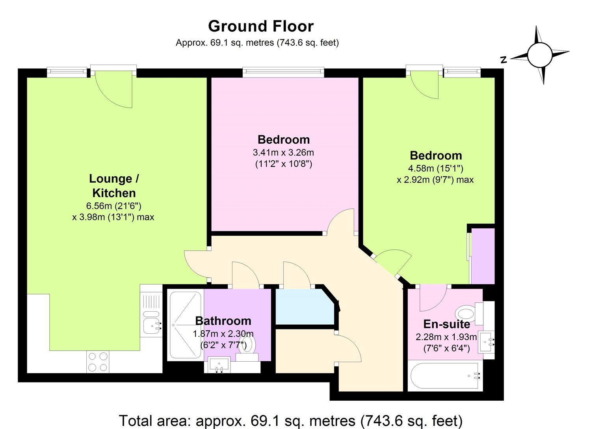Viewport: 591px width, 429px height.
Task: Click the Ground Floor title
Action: pos(261,26)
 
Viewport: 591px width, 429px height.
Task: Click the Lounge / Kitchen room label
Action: pos(114,186)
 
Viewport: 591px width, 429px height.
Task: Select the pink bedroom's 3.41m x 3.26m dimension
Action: pos(283,152)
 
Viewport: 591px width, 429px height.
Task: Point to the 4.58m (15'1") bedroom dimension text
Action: pos(435,168)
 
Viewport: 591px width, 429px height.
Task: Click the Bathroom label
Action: pos(223,321)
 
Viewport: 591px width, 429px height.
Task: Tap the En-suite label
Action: pos(446,324)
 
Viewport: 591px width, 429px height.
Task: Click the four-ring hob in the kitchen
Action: pos(98,362)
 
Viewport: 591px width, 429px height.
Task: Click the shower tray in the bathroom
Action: pos(185,325)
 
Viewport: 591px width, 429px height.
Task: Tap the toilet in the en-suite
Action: pos(466,314)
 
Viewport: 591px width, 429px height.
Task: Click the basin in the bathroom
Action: pos(219,364)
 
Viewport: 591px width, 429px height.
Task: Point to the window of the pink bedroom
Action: pos(283,72)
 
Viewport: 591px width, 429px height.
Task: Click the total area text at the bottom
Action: pos(290,420)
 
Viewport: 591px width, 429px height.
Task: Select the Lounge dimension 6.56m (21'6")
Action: pos(113,206)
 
